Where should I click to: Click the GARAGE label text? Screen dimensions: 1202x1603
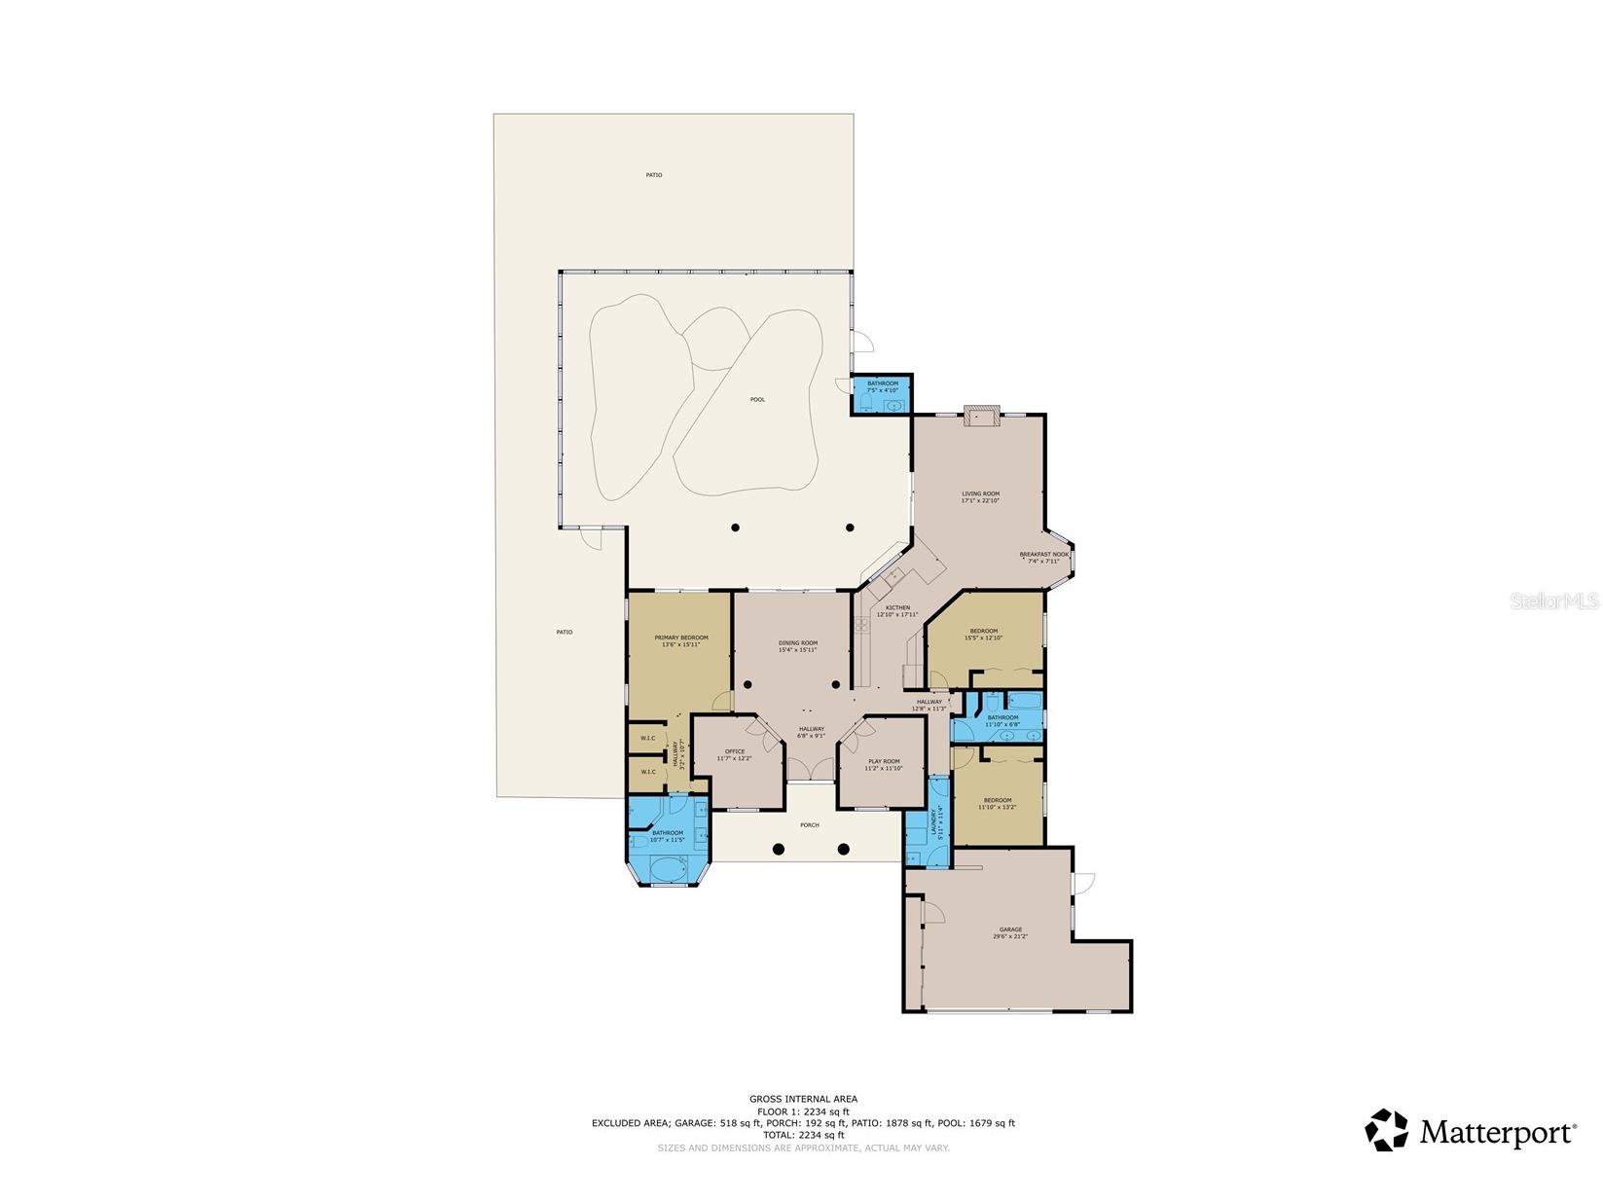click(x=1009, y=929)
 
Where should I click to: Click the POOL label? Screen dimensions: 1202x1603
click(x=757, y=399)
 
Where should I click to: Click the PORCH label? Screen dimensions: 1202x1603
click(x=809, y=824)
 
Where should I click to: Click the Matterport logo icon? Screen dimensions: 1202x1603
click(x=1386, y=1131)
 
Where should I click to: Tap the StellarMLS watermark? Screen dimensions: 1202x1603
click(x=1553, y=601)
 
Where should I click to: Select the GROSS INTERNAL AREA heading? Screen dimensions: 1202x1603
click(x=803, y=1099)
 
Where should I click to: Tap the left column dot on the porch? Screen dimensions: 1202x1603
click(x=778, y=849)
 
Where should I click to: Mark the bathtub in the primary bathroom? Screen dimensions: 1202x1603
click(x=667, y=869)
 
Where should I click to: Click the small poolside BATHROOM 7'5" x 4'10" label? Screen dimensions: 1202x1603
click(x=882, y=386)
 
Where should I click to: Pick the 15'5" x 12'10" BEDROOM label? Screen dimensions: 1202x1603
click(x=982, y=634)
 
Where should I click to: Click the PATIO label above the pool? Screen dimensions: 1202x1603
click(x=653, y=175)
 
